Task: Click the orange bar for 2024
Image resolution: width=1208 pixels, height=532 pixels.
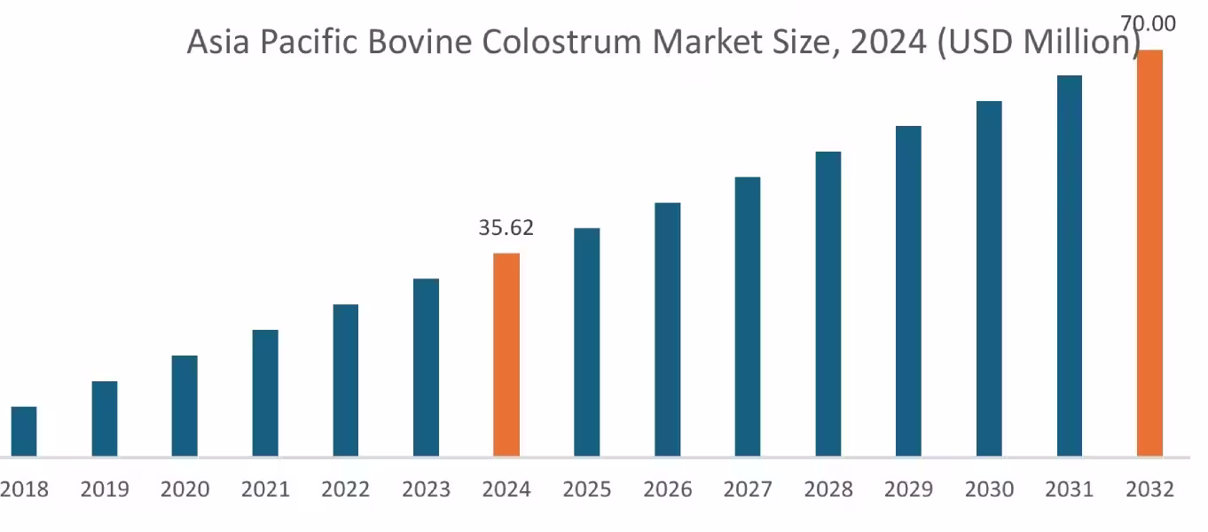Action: coord(506,355)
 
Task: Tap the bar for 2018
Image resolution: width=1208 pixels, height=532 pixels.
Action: coord(24,432)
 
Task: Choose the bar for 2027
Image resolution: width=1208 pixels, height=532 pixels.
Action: coord(748,317)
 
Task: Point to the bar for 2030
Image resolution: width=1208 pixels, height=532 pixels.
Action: coord(989,278)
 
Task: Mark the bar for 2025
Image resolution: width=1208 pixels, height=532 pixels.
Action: coord(586,342)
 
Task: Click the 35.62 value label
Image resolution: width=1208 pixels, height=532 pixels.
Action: coord(506,228)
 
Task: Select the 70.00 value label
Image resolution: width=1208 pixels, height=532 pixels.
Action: coord(1149,24)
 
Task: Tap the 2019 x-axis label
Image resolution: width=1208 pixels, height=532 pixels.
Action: coord(105,489)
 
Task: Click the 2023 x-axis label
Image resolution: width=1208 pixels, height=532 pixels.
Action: coord(426,489)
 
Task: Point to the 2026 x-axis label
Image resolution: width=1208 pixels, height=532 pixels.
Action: coord(667,489)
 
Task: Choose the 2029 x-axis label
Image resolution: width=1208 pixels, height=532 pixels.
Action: coord(908,489)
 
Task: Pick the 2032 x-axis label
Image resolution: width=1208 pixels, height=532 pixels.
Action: coord(1149,489)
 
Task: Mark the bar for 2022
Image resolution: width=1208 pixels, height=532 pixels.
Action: coord(346,380)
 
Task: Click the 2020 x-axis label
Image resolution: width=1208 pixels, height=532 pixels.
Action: coord(185,489)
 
